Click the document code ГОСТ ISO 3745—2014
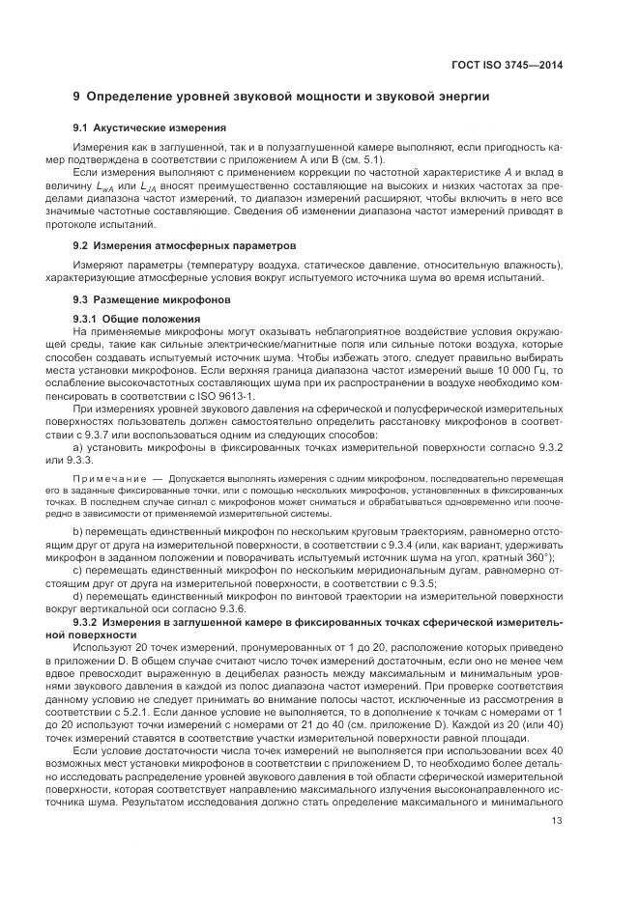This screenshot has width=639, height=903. pos(507,64)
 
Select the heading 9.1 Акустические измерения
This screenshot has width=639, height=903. pos(150,127)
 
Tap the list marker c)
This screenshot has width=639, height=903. pos(78,570)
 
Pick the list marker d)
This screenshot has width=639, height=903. pos(78,597)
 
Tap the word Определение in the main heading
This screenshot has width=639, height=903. pos(132,97)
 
